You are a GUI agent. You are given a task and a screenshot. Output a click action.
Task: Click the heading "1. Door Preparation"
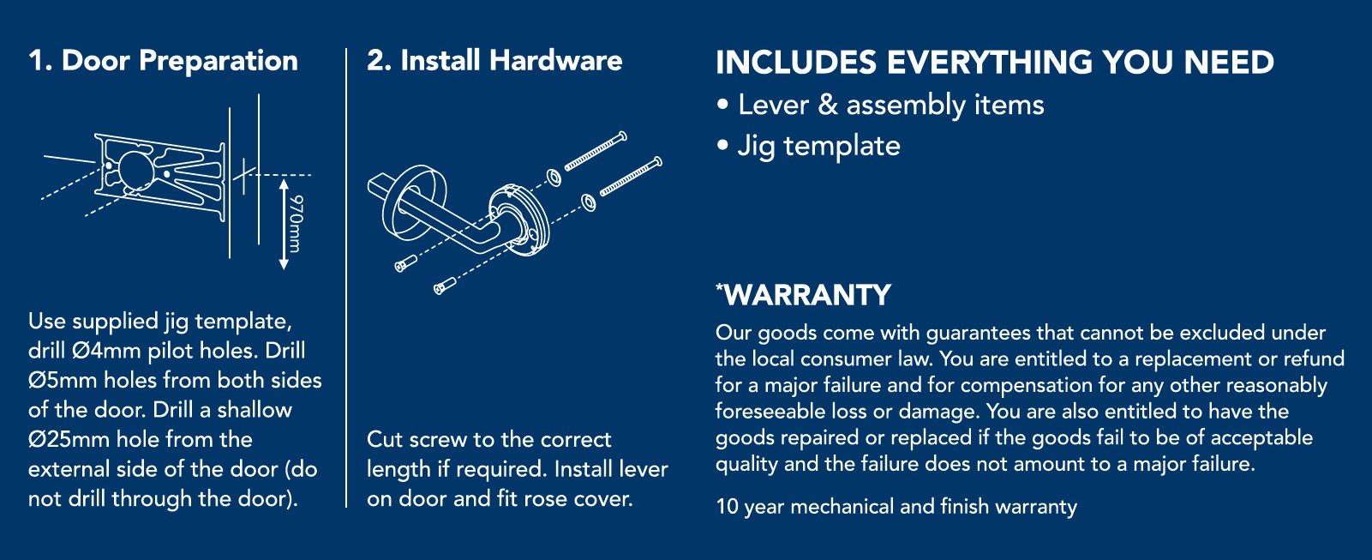[x=163, y=61]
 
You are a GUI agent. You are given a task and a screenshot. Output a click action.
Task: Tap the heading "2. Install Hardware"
[x=494, y=61]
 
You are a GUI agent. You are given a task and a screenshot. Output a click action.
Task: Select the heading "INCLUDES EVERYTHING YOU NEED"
[x=995, y=62]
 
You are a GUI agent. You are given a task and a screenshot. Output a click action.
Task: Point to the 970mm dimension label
[x=296, y=223]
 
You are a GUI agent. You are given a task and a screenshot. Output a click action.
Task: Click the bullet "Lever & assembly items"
[x=890, y=105]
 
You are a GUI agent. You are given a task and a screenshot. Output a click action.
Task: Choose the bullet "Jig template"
[x=819, y=147]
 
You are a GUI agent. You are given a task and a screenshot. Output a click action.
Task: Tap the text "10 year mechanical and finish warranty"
[x=896, y=507]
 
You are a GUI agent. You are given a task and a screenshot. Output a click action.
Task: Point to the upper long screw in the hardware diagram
[x=596, y=151]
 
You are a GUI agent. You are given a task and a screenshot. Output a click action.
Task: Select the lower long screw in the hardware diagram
[x=631, y=177]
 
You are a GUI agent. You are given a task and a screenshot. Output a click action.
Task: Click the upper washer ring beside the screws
[x=554, y=178]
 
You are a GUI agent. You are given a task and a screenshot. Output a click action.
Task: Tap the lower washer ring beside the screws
[x=588, y=202]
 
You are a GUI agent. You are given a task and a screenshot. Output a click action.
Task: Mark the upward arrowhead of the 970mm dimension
[x=284, y=184]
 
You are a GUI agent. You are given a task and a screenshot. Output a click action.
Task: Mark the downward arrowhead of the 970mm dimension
[x=284, y=264]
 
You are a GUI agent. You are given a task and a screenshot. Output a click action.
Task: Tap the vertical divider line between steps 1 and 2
[x=346, y=278]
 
